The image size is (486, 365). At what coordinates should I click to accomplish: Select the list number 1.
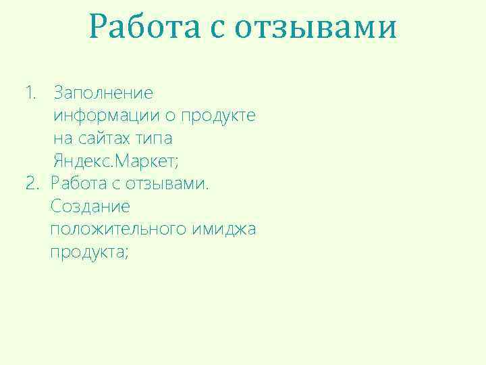[x=30, y=92]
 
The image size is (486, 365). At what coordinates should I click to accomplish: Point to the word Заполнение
[x=103, y=92]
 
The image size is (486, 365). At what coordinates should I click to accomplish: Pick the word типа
[x=154, y=139]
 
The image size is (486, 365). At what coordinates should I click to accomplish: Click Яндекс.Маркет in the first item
[x=115, y=161]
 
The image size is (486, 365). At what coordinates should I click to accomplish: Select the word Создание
[x=90, y=206]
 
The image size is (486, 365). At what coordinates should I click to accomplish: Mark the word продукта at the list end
[x=88, y=252]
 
